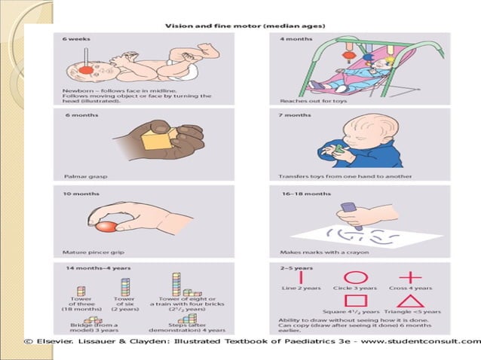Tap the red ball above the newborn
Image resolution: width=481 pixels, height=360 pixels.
tap(87, 70)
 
